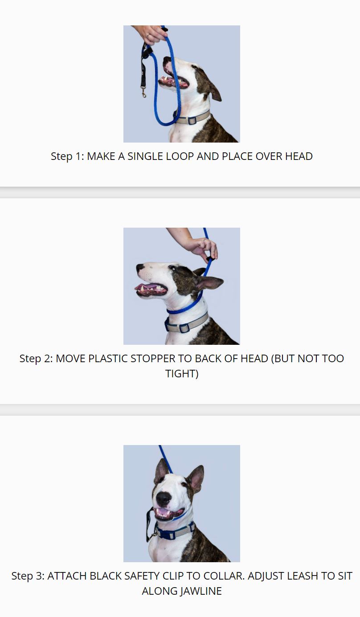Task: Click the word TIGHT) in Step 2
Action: pos(182,373)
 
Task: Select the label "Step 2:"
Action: pos(36,358)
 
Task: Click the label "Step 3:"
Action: pos(28,576)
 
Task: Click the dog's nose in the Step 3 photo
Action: pos(164,499)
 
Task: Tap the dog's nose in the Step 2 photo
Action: pos(140,267)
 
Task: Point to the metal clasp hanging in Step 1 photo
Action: pos(143,92)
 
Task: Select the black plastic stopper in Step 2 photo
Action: pos(209,259)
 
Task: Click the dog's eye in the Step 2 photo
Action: pos(172,267)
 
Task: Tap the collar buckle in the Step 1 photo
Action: pos(192,120)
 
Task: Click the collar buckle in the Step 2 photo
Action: pos(184,328)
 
